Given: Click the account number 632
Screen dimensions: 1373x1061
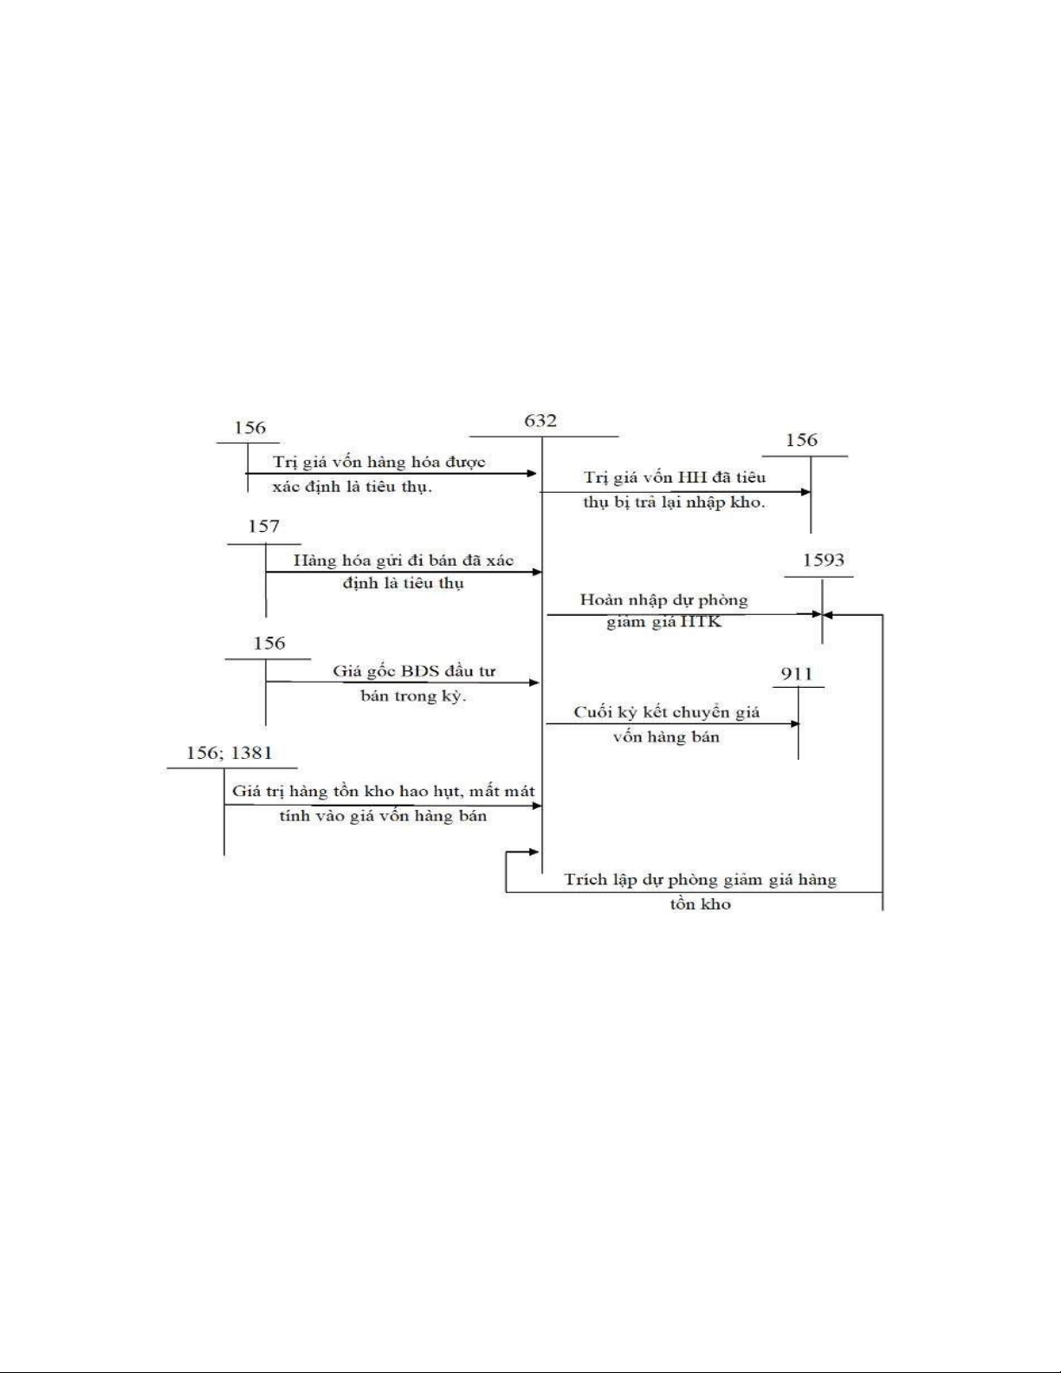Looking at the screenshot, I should pos(540,421).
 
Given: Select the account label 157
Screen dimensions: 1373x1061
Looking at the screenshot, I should pos(263,526).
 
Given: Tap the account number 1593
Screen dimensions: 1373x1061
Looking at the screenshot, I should pos(823,560).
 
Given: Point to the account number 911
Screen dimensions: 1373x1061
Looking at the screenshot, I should pos(797,674).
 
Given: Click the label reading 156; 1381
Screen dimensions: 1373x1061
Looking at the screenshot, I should pos(230,753).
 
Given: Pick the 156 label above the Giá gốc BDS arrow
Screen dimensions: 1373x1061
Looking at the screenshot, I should pos(269,643).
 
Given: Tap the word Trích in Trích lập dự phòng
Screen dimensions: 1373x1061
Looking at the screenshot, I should pos(586,880).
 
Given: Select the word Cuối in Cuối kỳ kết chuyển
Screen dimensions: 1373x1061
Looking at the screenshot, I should pos(593,712).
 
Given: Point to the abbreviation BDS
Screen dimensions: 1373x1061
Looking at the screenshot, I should pos(420,671).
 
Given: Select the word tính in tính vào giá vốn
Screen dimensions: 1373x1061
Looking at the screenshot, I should pos(294,816).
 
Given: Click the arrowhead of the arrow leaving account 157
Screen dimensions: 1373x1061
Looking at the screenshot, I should pos(537,572).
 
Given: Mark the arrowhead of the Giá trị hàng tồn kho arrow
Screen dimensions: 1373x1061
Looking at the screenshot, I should pos(537,806).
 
